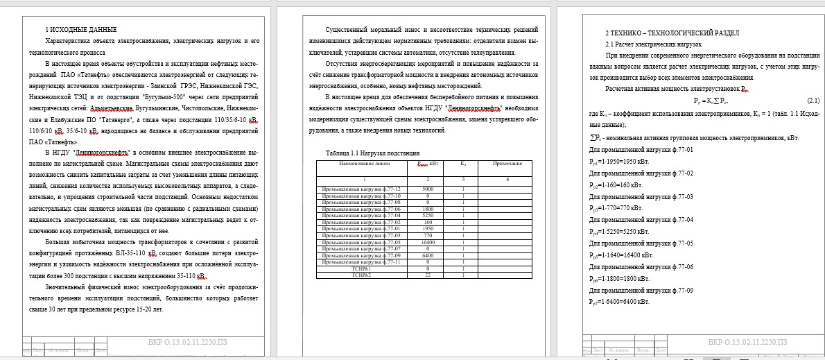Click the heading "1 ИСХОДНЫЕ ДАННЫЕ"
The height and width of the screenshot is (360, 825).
click(81, 30)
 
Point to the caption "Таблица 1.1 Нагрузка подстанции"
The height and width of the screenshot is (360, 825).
click(372, 153)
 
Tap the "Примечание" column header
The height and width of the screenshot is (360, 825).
click(507, 164)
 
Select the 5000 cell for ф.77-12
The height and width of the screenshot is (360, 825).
click(428, 189)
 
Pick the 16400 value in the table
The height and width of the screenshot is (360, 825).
click(428, 242)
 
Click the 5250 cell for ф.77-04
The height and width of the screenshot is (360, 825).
click(428, 216)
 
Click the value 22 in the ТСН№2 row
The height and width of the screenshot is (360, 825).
click(428, 275)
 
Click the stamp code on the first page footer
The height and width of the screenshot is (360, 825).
click(188, 342)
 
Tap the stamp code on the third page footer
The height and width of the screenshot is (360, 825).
click(747, 342)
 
